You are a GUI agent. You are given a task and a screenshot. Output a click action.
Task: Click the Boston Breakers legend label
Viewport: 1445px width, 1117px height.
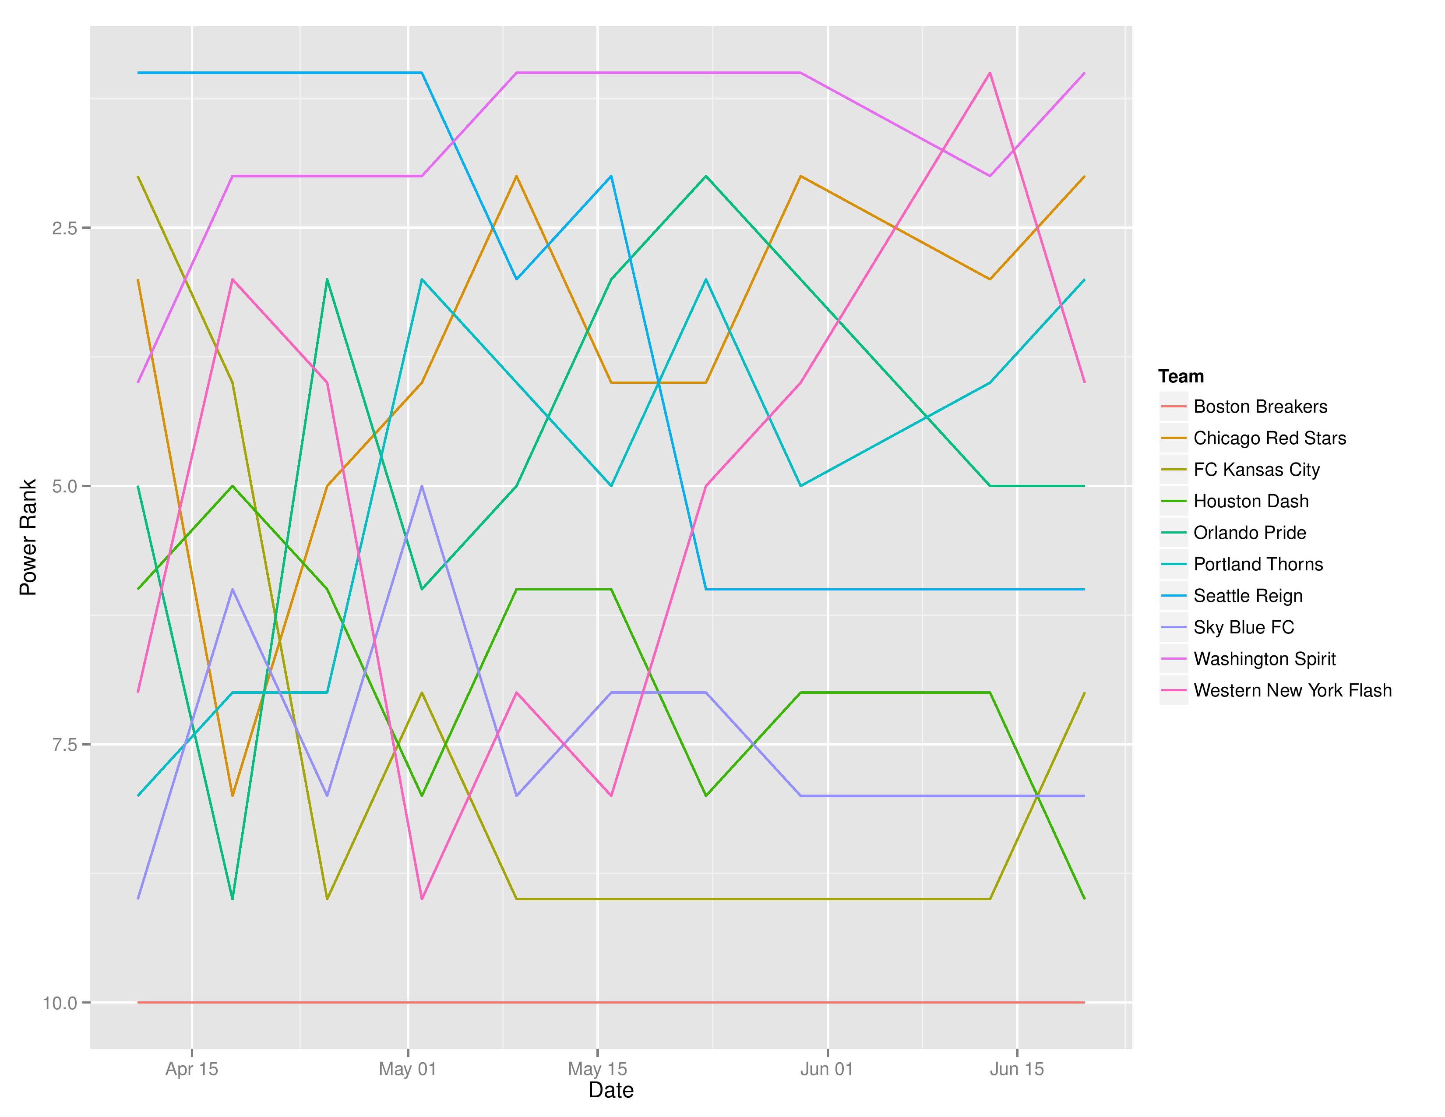1260,407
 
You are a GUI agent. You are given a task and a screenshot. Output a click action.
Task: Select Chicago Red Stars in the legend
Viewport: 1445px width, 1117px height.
1269,438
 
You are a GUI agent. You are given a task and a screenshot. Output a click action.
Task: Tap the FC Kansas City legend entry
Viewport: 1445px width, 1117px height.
1256,470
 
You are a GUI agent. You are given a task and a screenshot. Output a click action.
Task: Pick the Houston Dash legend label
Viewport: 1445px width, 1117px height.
1251,502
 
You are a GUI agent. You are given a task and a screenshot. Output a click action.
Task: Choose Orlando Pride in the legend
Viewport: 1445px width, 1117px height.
1249,533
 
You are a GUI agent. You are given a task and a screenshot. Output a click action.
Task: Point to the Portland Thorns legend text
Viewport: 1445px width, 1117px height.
1258,565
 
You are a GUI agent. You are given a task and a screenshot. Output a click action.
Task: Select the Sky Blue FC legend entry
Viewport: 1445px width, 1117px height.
1243,627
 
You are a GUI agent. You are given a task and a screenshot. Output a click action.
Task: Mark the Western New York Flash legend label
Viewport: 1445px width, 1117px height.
1292,691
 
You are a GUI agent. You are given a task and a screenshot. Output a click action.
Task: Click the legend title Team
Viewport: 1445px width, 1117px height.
1181,377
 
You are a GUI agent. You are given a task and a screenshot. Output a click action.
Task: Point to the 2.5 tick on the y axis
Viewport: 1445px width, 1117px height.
65,228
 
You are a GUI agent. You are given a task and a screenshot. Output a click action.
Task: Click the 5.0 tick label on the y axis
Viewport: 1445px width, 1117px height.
65,486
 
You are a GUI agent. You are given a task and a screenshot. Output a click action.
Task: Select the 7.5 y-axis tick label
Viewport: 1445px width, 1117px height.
65,744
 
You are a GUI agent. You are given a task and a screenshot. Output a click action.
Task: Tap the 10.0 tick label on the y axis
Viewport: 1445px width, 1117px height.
60,1003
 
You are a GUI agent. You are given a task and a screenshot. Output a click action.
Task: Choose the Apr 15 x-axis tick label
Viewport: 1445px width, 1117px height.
191,1069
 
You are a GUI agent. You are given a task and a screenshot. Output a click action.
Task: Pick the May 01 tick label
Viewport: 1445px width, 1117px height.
408,1069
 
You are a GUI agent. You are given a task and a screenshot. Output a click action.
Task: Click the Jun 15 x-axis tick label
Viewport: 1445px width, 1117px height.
1016,1069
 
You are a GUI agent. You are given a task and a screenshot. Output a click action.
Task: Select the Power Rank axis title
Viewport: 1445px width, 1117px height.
28,537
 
